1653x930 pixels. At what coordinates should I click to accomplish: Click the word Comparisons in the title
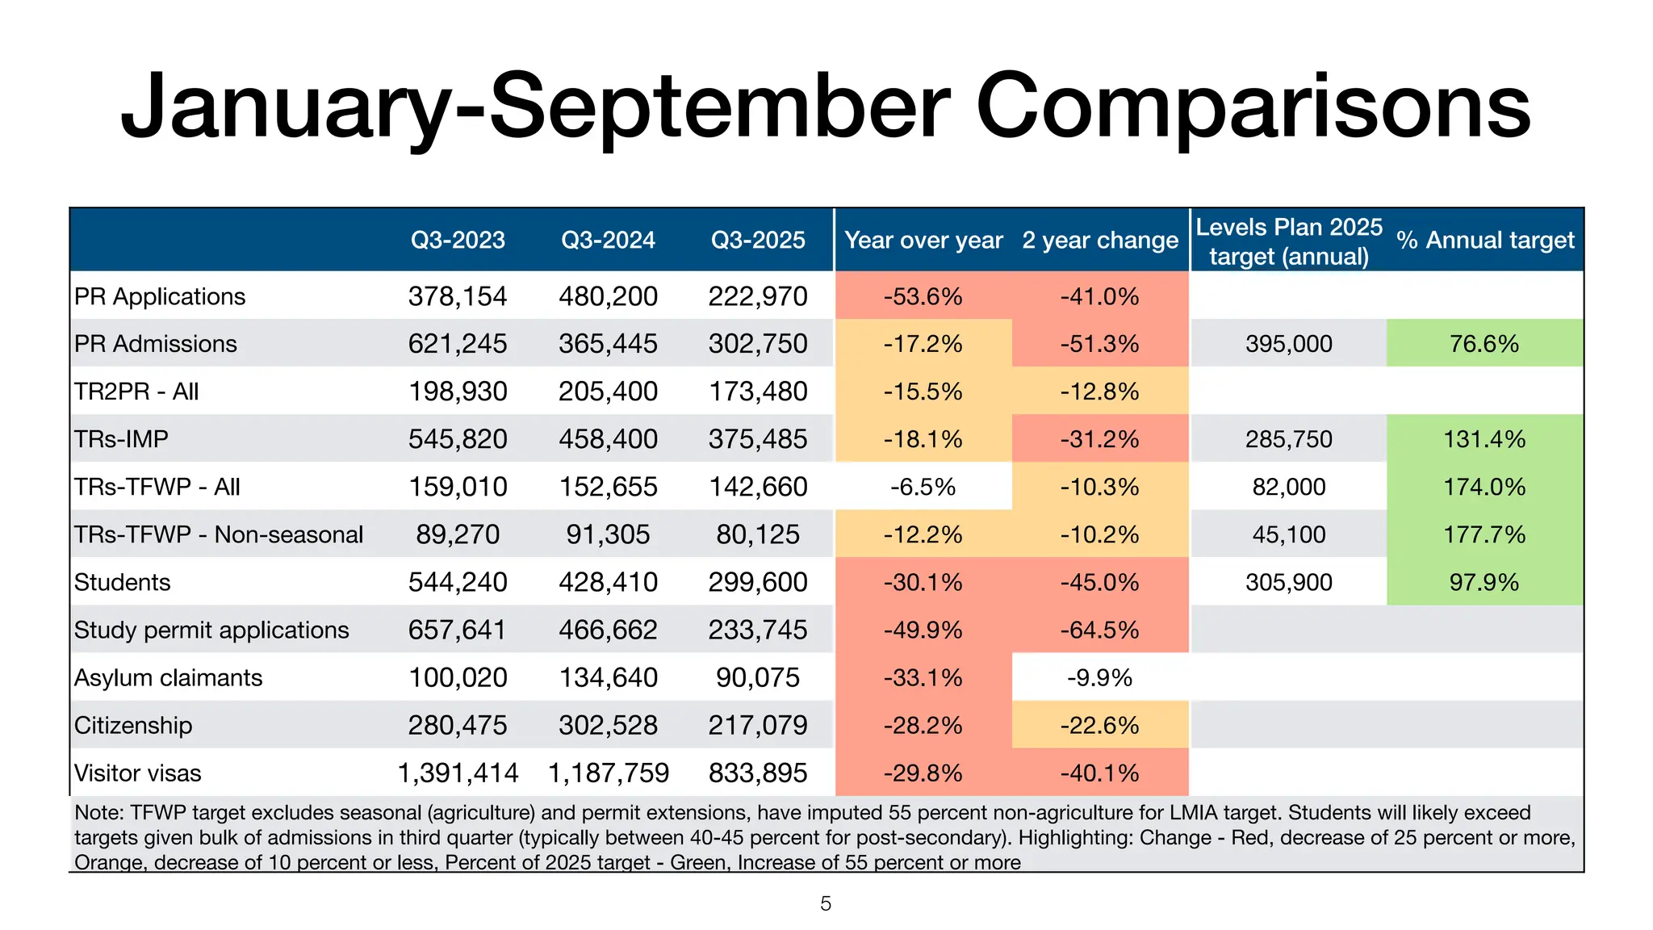(x=1253, y=107)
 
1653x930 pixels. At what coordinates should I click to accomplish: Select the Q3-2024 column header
(x=608, y=240)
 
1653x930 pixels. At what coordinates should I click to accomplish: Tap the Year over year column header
(x=923, y=240)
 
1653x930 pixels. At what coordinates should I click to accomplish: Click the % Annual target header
(x=1485, y=240)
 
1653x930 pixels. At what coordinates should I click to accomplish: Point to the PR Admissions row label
(x=156, y=344)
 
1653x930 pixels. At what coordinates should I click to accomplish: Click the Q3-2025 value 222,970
(x=758, y=296)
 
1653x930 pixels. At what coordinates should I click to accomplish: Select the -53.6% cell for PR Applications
(x=923, y=296)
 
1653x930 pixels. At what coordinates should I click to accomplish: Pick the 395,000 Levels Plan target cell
(x=1289, y=344)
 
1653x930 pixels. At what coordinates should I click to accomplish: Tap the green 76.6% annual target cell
(x=1484, y=344)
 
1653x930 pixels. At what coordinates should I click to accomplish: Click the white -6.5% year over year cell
(x=923, y=487)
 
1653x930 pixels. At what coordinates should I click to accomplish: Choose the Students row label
(x=123, y=582)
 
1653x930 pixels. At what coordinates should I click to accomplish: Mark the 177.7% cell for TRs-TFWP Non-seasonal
(x=1484, y=534)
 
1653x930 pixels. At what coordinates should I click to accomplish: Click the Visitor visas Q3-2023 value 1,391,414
(x=458, y=773)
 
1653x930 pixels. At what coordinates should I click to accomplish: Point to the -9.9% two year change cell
(x=1099, y=677)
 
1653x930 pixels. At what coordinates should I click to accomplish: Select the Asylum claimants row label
(x=168, y=677)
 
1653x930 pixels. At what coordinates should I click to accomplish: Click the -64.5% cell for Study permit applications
(x=1099, y=630)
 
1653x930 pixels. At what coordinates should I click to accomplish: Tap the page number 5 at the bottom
(x=826, y=903)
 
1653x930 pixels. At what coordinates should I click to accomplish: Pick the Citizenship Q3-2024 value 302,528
(x=608, y=725)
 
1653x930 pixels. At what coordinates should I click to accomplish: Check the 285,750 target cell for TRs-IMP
(x=1289, y=439)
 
